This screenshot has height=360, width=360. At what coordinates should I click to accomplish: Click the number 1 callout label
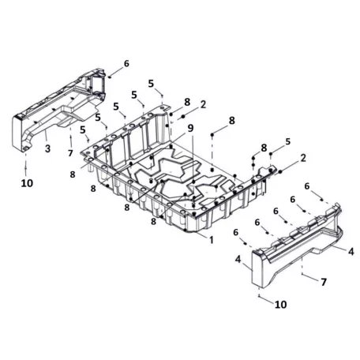click(x=211, y=240)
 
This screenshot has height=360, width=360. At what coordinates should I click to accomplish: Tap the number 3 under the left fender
click(x=47, y=148)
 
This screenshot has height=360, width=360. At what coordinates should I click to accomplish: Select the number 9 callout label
click(x=190, y=128)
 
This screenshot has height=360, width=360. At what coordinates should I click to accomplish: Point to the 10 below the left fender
click(x=27, y=183)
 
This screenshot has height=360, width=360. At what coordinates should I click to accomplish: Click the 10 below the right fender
click(x=280, y=305)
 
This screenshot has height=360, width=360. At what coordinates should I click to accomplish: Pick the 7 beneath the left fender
click(x=70, y=153)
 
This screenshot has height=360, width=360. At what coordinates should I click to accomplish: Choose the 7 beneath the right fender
click(x=324, y=282)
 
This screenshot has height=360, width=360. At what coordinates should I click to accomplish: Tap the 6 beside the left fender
click(x=126, y=63)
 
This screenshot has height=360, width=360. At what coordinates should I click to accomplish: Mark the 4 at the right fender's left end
click(x=238, y=260)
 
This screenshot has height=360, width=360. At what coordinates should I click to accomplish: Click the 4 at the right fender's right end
click(x=351, y=252)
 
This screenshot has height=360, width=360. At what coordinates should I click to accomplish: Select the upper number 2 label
click(x=203, y=104)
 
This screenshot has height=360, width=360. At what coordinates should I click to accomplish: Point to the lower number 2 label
click(x=303, y=158)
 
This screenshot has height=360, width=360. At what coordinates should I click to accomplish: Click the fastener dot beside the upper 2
click(x=183, y=117)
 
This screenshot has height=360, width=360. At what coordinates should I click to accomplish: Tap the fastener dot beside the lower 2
click(x=280, y=171)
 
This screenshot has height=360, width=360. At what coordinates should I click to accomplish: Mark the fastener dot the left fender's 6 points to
click(x=109, y=77)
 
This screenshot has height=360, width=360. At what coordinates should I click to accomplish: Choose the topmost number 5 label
click(x=151, y=84)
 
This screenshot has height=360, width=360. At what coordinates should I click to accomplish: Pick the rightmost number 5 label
click(x=288, y=141)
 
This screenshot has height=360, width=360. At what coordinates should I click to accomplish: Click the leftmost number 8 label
click(x=73, y=174)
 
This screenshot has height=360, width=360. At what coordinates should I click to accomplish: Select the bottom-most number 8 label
click(x=153, y=221)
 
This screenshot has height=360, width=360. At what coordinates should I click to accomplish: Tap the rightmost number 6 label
click(x=307, y=186)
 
